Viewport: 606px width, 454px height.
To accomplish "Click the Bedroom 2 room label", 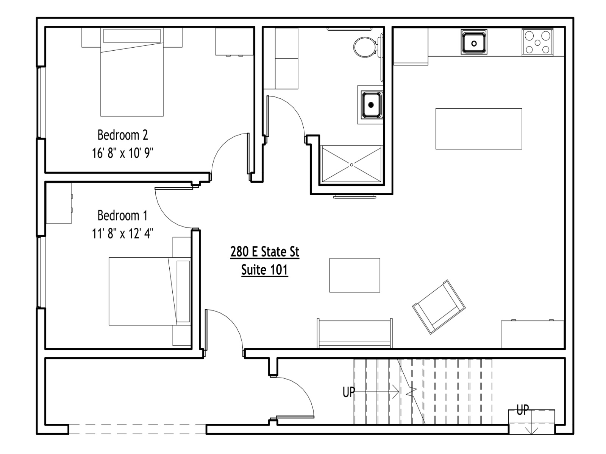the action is tap(123, 135).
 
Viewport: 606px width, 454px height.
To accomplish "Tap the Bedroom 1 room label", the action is tap(123, 215).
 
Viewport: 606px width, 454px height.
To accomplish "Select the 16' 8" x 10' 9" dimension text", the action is tap(123, 153).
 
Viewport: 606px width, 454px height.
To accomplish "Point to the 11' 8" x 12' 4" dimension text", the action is tap(123, 233).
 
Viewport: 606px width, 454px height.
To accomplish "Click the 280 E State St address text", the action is tap(264, 252).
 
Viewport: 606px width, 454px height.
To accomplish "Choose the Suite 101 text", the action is tap(264, 270).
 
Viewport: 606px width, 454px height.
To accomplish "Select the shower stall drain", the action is tap(351, 165).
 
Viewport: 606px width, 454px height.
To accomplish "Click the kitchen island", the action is tap(479, 129).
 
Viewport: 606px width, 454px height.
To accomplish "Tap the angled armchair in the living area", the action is tap(439, 307).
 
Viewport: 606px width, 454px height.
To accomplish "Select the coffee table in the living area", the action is tap(355, 275).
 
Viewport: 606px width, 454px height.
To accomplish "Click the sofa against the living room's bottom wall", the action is tap(355, 333).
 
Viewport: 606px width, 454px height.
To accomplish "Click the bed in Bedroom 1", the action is tap(150, 291).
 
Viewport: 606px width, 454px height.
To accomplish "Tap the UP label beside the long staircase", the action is tap(349, 392).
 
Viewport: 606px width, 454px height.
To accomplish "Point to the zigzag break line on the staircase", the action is tap(411, 392).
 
